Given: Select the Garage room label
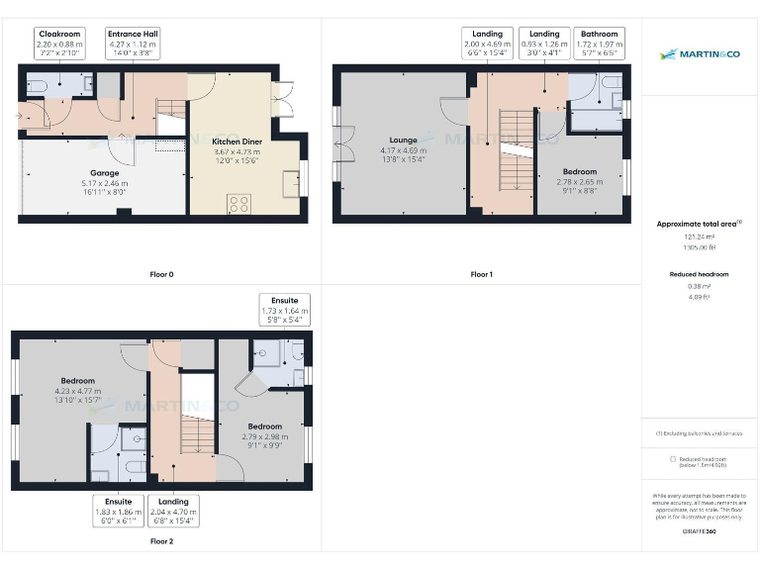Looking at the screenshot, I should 105,183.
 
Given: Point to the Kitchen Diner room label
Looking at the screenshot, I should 237,150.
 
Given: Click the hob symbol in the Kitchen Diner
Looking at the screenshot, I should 238,205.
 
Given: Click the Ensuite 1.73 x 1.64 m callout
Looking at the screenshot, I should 286,310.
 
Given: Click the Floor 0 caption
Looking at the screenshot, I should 160,274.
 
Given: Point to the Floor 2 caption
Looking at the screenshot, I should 160,541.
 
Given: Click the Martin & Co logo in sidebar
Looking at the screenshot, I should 700,54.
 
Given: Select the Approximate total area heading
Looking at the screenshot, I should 699,224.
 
